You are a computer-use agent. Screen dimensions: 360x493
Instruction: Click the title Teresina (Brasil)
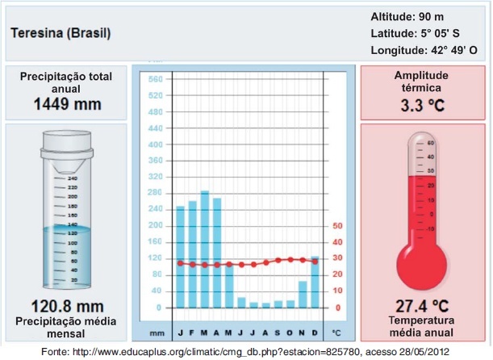[x=61, y=34]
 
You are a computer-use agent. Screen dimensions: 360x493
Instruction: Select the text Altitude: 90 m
[x=407, y=17]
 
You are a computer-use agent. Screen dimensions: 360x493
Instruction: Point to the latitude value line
[x=415, y=34]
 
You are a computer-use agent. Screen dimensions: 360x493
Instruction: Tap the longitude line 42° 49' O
[x=424, y=50]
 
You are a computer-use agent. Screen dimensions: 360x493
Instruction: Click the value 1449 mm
[x=67, y=104]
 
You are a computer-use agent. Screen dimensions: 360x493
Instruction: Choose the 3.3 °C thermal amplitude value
[x=423, y=106]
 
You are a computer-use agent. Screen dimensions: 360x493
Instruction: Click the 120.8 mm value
[x=67, y=306]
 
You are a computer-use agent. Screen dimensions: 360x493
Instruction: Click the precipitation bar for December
[x=315, y=283]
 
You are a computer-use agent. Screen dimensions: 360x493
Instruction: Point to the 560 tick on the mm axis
[x=157, y=79]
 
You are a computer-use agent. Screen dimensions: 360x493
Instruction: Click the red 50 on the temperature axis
[x=337, y=226]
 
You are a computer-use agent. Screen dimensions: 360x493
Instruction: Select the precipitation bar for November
[x=303, y=295]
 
